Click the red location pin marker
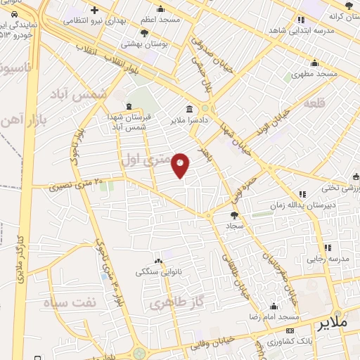point(181,165)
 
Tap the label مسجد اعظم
point(160,20)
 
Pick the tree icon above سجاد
point(234,215)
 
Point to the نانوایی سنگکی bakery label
point(158,271)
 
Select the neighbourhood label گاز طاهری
point(169,304)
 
